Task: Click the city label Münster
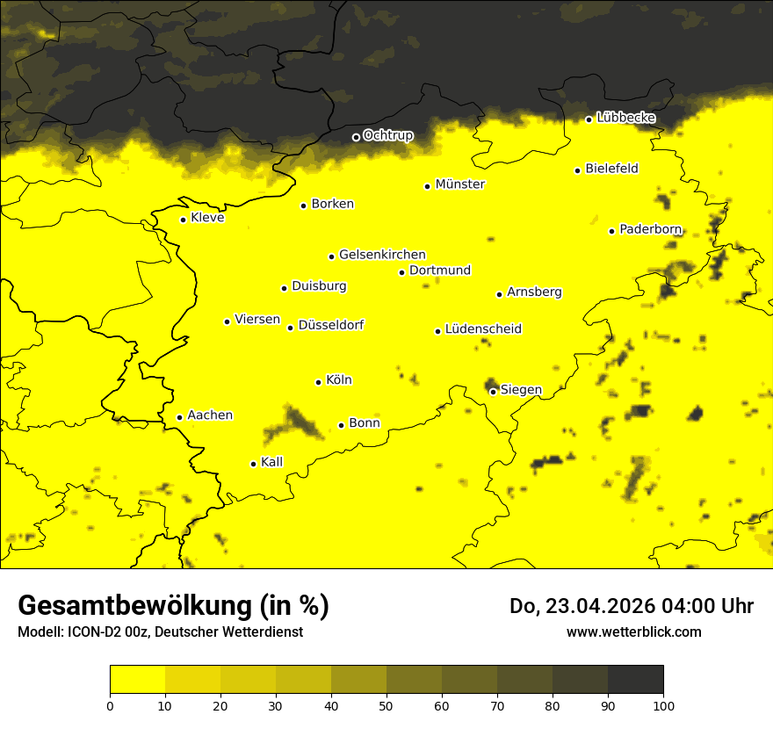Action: [x=459, y=184]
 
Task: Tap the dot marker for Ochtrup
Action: [x=356, y=136]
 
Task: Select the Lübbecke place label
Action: [x=625, y=118]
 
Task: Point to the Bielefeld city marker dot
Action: [x=578, y=170]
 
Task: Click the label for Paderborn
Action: [x=650, y=229]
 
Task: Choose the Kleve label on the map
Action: [x=207, y=218]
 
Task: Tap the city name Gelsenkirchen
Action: [x=382, y=255]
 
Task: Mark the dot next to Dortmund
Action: [x=401, y=272]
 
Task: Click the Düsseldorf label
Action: [x=331, y=325]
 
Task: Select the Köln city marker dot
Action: [x=318, y=382]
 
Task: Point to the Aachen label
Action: [x=210, y=415]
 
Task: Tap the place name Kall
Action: [x=271, y=462]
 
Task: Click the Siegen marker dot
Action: [x=493, y=392]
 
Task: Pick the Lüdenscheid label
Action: [x=483, y=329]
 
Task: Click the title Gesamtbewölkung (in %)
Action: [x=173, y=605]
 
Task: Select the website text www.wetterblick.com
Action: [x=633, y=632]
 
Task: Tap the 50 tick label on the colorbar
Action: [x=386, y=704]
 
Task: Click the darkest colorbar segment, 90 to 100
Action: [x=635, y=679]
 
